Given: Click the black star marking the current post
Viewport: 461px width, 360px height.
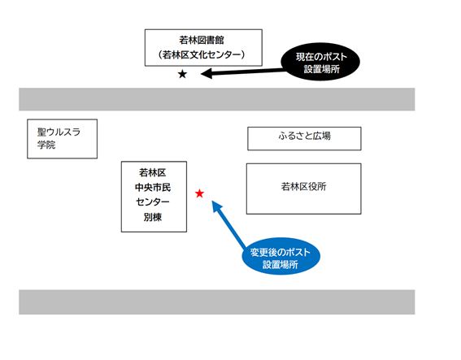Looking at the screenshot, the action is (x=182, y=74).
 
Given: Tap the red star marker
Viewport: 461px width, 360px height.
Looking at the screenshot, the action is (x=199, y=193).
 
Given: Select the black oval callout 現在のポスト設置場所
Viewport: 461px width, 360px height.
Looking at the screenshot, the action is (x=320, y=62).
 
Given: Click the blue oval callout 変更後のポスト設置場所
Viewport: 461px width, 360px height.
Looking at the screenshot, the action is (x=281, y=256).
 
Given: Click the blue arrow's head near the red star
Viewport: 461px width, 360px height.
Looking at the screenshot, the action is (x=213, y=202).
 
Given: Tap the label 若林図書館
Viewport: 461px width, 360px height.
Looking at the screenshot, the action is (x=202, y=40).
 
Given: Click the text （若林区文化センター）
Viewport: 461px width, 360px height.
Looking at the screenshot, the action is (x=202, y=54).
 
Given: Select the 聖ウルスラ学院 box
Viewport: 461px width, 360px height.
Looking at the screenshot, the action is (x=62, y=139).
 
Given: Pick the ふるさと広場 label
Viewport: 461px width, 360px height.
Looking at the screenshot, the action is (x=304, y=136).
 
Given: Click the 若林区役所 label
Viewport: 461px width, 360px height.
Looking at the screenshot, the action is (x=304, y=186).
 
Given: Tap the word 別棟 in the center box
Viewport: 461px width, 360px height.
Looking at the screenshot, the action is (x=153, y=217).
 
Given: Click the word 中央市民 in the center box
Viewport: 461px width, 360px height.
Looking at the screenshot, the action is (x=153, y=187).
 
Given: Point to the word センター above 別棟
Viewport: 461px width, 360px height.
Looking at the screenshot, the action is (x=153, y=202).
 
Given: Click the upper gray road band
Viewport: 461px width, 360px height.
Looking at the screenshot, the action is (x=217, y=99).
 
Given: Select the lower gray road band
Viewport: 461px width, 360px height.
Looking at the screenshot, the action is (x=217, y=302).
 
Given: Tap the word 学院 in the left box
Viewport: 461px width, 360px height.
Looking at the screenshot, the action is (x=46, y=145).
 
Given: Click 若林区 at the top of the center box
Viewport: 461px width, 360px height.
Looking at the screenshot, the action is (x=153, y=172).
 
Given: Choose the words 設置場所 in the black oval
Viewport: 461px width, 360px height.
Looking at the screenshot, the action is (x=322, y=69).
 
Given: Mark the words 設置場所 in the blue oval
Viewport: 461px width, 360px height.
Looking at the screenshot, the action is (x=281, y=264).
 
